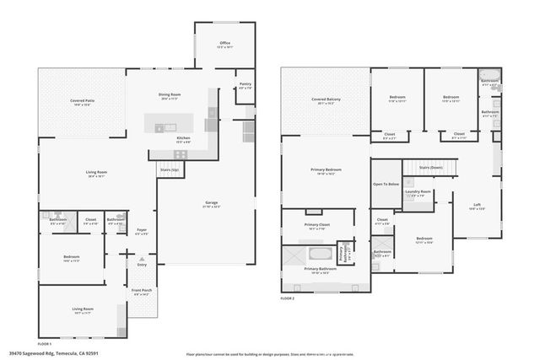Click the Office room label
click(224, 43)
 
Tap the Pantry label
click(245, 84)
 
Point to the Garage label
click(212, 202)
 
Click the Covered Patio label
click(82, 100)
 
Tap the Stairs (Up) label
click(170, 169)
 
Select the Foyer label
click(142, 229)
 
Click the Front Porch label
click(140, 292)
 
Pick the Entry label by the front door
click(142, 265)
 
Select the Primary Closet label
click(317, 225)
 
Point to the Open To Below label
click(386, 184)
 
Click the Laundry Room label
click(418, 192)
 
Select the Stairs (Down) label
click(430, 167)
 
